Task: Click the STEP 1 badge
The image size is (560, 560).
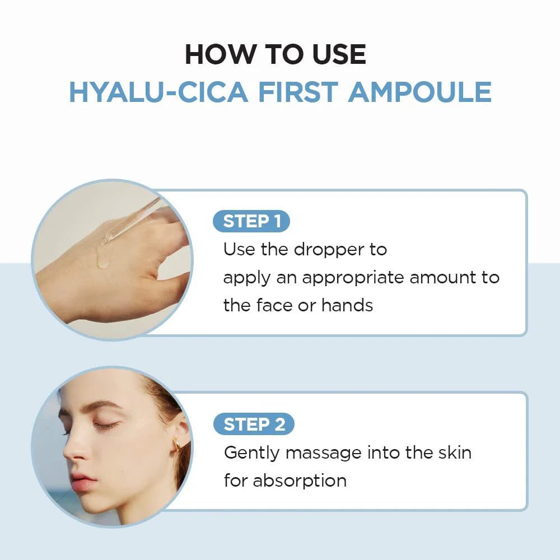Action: [251, 221]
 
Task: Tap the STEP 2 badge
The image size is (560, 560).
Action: [254, 424]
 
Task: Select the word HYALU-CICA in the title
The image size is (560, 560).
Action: [158, 92]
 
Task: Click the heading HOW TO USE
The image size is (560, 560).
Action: [276, 54]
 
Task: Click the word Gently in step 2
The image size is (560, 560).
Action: [251, 452]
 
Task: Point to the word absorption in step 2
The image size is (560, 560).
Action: [300, 480]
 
